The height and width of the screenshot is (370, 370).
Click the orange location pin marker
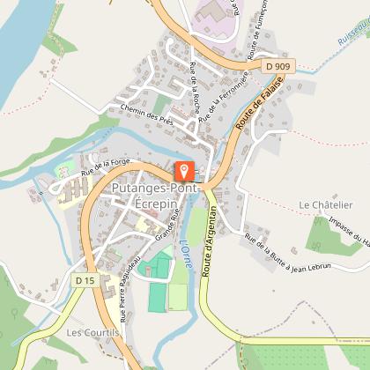(184, 169)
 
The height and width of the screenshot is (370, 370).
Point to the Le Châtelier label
(325, 205)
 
